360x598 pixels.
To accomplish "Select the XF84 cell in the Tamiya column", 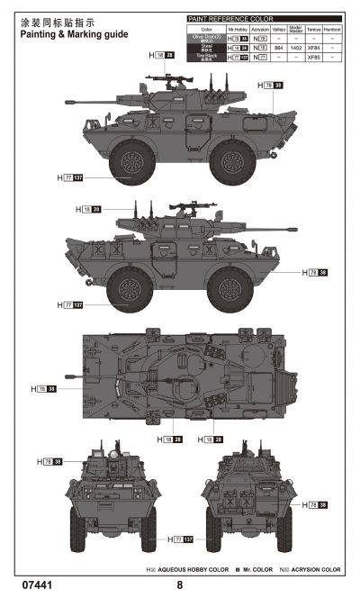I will click(313, 48).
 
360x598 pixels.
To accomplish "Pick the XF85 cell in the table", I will click(313, 57).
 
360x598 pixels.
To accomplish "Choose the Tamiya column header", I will click(313, 29).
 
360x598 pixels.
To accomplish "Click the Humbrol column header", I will click(333, 29).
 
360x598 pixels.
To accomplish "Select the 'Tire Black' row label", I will click(202, 58).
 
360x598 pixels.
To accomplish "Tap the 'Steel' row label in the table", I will click(202, 49).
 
